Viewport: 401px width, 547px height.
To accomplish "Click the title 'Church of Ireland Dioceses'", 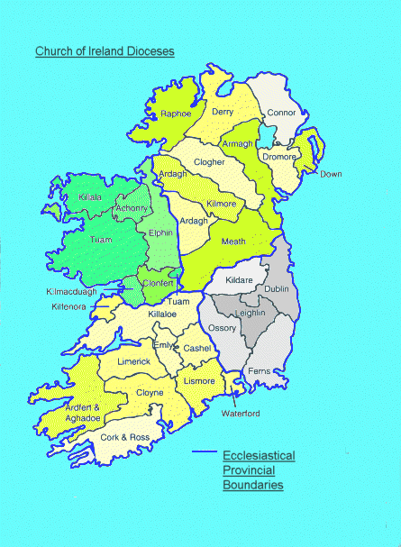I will [105, 51].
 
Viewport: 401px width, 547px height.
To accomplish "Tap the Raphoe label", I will [177, 114].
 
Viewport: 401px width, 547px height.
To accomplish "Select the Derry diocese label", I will [223, 111].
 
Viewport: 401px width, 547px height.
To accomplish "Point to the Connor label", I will [280, 113].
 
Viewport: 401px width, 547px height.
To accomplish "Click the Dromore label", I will [278, 156].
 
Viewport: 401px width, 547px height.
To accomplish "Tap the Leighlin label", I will [251, 313].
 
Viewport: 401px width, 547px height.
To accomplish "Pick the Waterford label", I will [241, 413].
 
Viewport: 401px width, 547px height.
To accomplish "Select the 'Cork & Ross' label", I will [120, 436].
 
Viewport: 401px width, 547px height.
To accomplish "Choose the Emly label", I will [163, 345].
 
